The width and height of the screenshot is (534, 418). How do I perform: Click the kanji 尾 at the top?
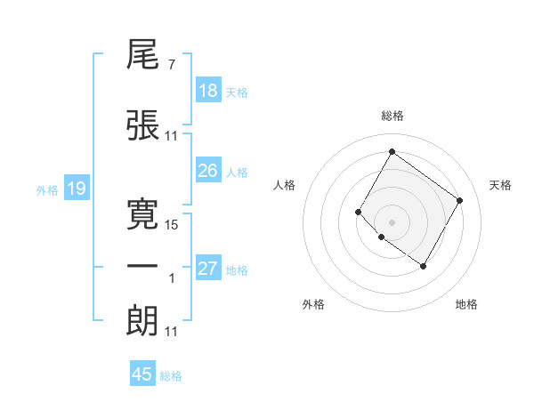[x=143, y=60]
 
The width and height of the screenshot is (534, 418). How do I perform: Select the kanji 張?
[x=143, y=125]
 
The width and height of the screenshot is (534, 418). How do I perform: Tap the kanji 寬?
[x=143, y=213]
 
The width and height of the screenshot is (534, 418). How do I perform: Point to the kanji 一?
[x=143, y=268]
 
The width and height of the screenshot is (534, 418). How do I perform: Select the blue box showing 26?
[x=207, y=172]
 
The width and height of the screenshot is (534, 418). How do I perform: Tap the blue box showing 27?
[x=207, y=269]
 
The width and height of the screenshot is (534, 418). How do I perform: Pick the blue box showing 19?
[x=76, y=189]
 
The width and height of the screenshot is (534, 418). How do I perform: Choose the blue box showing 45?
[x=142, y=374]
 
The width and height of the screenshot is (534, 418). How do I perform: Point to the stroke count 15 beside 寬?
[x=172, y=225]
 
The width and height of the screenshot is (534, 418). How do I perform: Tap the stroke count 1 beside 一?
[x=172, y=279]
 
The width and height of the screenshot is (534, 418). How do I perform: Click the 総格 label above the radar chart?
[x=392, y=116]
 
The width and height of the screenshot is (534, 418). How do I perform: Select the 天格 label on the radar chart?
[x=500, y=185]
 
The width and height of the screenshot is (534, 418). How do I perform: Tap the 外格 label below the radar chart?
[x=313, y=304]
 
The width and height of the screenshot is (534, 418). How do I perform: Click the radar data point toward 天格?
[x=459, y=200]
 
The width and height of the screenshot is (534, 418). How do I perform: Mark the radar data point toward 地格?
[x=423, y=266]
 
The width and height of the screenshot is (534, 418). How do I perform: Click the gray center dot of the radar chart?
[x=392, y=221]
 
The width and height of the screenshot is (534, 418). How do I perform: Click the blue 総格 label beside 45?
[x=171, y=376]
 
